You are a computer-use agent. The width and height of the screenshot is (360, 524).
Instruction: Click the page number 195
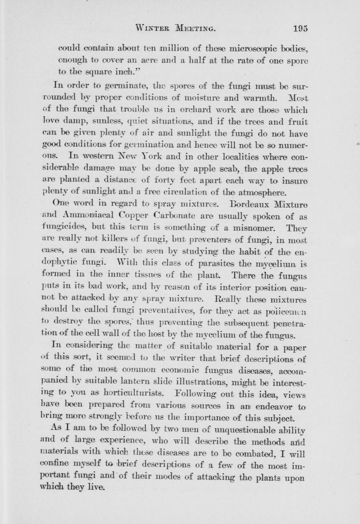(300, 28)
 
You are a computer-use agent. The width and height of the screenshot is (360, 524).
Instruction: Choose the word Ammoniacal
(88, 216)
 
